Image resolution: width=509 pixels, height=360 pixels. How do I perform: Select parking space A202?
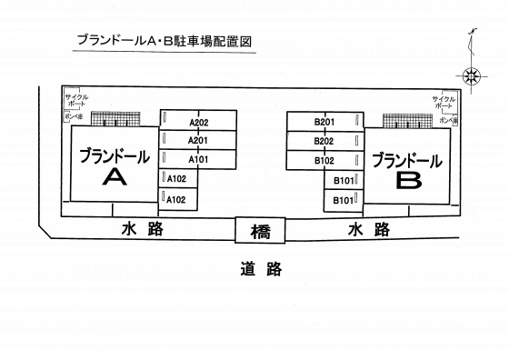click(x=195, y=122)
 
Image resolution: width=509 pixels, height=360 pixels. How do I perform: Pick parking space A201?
click(x=195, y=140)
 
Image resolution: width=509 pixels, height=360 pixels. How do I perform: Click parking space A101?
click(x=195, y=159)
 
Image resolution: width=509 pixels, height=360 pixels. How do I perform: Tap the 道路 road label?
click(x=261, y=268)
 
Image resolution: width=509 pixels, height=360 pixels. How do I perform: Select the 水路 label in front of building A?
click(x=142, y=229)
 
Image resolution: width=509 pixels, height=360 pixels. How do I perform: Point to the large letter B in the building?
click(x=408, y=180)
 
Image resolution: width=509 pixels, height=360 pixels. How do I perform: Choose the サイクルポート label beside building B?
click(x=444, y=102)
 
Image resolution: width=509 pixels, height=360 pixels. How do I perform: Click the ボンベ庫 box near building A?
click(x=74, y=118)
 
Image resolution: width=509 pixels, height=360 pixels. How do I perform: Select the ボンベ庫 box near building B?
click(x=447, y=119)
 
